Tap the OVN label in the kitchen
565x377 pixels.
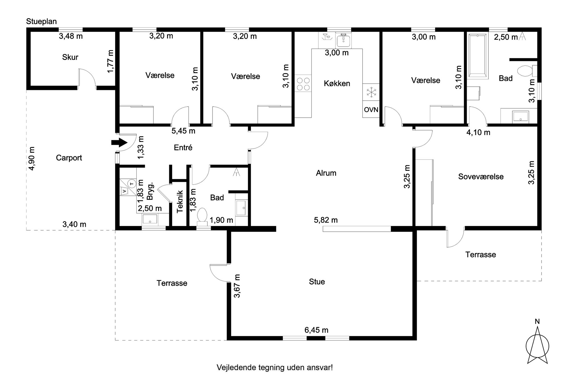371,110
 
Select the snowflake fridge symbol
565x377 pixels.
371,92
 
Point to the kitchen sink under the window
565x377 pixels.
344,40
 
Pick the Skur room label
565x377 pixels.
70,57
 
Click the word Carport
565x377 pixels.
69,158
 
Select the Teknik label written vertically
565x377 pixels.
180,201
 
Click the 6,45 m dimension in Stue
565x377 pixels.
316,330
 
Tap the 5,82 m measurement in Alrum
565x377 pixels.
326,220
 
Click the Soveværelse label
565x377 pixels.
481,177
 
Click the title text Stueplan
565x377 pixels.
41,22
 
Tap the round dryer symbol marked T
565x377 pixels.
132,184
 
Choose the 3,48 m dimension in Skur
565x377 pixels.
71,36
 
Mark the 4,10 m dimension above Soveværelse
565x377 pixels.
478,133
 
